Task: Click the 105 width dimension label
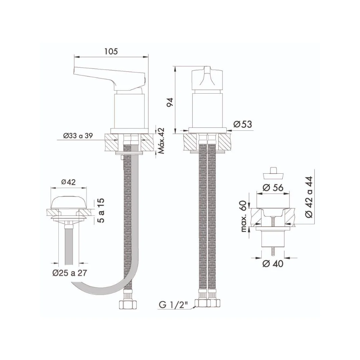coord(111,51)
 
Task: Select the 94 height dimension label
coord(170,102)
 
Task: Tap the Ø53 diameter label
coord(243,124)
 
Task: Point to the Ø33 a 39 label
coord(78,136)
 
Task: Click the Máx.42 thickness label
coord(161,141)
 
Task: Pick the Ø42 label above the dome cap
coord(68,182)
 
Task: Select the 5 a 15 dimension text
coord(101,210)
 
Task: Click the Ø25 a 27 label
coord(70,273)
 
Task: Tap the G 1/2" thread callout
coord(173,305)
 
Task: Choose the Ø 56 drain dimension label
coord(273,188)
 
